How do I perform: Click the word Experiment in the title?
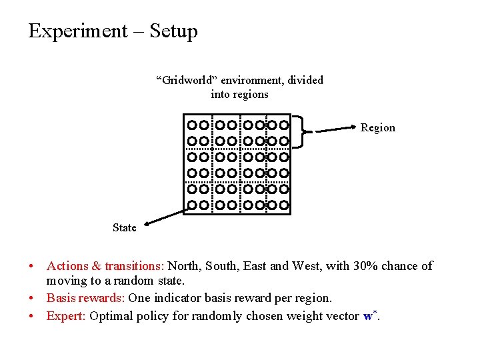tap(78, 31)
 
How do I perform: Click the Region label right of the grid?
tap(377, 127)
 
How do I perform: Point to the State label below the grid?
tap(125, 228)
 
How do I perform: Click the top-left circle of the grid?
tap(192, 125)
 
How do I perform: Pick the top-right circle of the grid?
tap(283, 125)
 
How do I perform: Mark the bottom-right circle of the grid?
tap(283, 205)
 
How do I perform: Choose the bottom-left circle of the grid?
tap(192, 205)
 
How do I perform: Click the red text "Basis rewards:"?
tap(86, 298)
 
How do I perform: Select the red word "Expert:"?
tap(65, 316)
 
